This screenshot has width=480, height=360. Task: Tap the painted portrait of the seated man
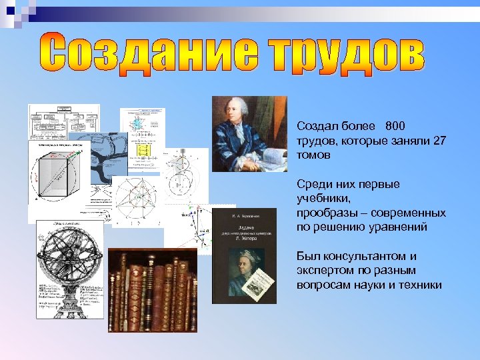pyautogui.click(x=249, y=133)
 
